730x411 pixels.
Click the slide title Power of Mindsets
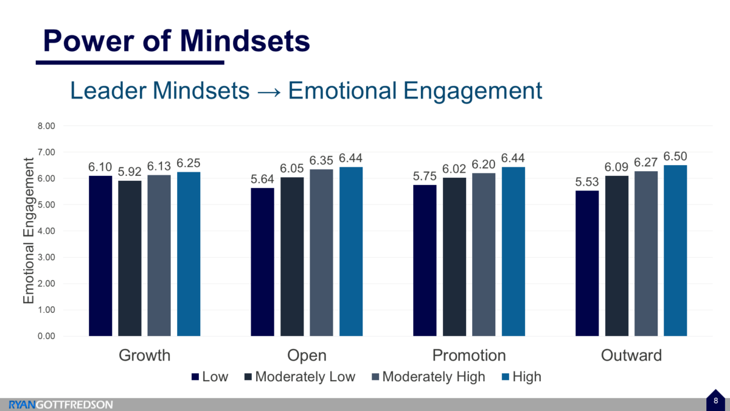click(176, 41)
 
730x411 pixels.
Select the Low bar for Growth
click(100, 256)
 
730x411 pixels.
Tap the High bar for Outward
click(675, 250)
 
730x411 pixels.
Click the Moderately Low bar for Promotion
click(454, 256)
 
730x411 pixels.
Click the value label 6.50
click(675, 156)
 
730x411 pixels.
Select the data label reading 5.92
click(130, 171)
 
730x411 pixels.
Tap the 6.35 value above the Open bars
click(321, 160)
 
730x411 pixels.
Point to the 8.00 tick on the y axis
click(46, 126)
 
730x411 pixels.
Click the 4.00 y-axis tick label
click(46, 231)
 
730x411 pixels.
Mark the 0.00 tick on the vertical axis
click(46, 336)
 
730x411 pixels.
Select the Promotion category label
click(468, 356)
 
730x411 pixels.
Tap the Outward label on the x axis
click(631, 356)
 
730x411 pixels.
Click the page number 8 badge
click(716, 401)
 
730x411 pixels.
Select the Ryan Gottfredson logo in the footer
click(61, 404)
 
